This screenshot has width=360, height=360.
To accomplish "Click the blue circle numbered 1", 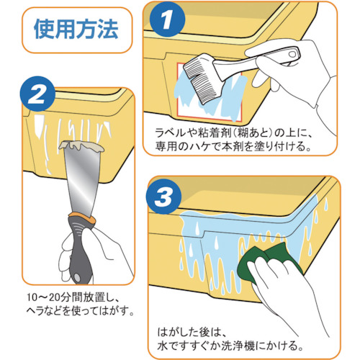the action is pos(167,19).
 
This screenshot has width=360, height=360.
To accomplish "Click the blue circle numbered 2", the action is pos(37,94).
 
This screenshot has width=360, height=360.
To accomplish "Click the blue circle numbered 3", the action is pos(163,197).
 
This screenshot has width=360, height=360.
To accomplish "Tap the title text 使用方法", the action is pos(76,30).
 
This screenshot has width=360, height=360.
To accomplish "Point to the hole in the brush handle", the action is pos(292,54).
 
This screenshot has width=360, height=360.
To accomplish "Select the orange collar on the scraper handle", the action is pos(82,217).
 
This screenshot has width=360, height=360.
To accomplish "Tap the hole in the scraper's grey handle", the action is pos(77,278).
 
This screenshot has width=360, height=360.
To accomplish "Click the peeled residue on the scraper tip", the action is pos(81,146).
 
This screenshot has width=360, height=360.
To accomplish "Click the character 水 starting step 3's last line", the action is pos(163,346).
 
